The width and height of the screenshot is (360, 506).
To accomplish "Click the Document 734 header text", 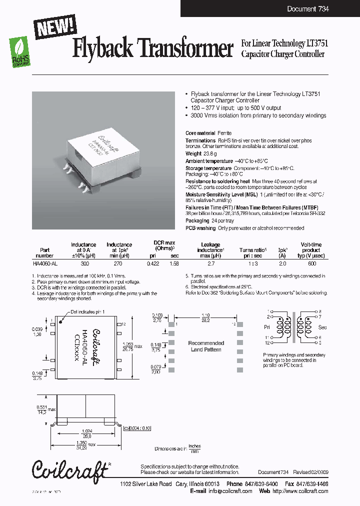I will [307, 9].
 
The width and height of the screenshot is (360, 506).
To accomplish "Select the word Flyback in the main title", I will [103, 49].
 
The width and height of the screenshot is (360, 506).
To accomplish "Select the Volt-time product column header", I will [311, 249].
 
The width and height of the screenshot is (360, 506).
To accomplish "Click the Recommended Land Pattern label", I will [205, 346].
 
